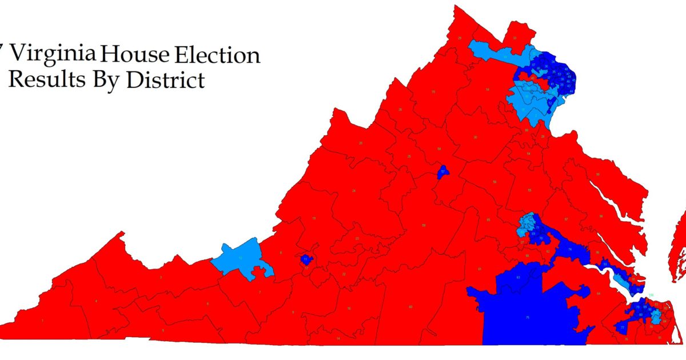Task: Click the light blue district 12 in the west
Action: (x=240, y=259)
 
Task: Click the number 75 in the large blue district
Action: (x=528, y=317)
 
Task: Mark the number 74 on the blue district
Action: (x=570, y=250)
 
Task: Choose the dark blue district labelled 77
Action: (x=621, y=327)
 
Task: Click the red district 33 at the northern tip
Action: (x=515, y=38)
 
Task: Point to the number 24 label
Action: (x=354, y=190)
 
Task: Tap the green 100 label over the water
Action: (x=651, y=295)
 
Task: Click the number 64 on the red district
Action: (x=598, y=294)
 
